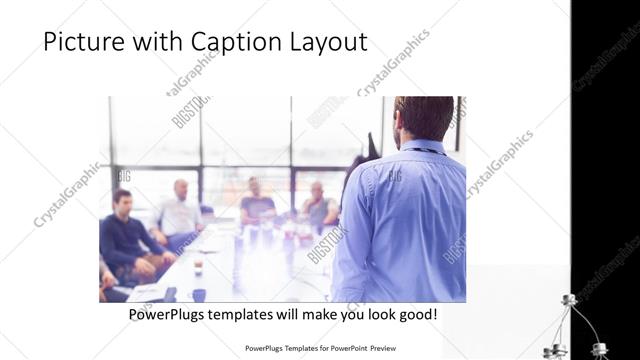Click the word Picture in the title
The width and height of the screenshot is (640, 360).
(83, 43)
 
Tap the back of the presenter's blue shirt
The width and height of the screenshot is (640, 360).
(405, 220)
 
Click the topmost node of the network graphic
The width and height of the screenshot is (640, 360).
(571, 300)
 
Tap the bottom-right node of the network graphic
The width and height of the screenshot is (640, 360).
(599, 349)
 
